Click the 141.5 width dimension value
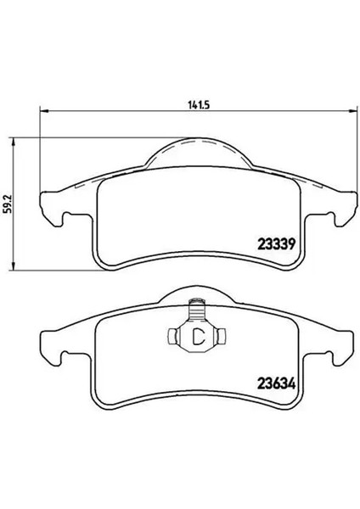pyautogui.click(x=200, y=105)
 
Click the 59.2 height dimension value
pyautogui.click(x=8, y=204)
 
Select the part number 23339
pyautogui.click(x=276, y=243)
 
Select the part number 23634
pyautogui.click(x=277, y=384)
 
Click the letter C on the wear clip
pyautogui.click(x=198, y=337)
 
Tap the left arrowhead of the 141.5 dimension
pyautogui.click(x=43, y=111)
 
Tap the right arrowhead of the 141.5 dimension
pyautogui.click(x=352, y=111)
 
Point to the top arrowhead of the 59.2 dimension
pyautogui.click(x=14, y=142)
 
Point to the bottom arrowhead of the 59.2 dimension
pyautogui.click(x=14, y=266)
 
